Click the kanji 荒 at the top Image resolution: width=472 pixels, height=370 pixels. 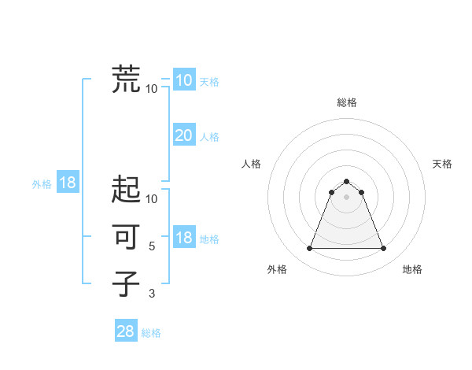point(126,80)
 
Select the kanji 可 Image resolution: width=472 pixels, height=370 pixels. point(126,237)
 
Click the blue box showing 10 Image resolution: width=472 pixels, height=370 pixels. point(184,80)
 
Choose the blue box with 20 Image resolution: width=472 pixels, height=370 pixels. point(184,135)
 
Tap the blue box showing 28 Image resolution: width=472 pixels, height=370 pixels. point(126,331)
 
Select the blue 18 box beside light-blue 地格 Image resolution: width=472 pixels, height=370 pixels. point(184,239)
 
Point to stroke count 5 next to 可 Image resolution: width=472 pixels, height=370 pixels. point(152,246)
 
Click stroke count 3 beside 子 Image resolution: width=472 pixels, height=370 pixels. point(152,293)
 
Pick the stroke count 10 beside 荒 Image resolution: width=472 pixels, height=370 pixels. point(152,89)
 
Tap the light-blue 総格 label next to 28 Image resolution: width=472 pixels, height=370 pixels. point(151,333)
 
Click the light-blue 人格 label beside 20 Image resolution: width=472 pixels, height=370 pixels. point(209,137)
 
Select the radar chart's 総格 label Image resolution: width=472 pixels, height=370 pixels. point(346,102)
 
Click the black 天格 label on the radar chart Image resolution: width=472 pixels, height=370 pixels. point(442,164)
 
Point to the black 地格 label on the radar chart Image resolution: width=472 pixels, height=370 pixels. point(412,270)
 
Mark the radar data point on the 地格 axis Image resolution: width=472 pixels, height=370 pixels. point(383,249)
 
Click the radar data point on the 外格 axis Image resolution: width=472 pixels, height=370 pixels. point(309,249)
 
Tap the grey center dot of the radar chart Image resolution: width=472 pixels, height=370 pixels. point(346,197)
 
